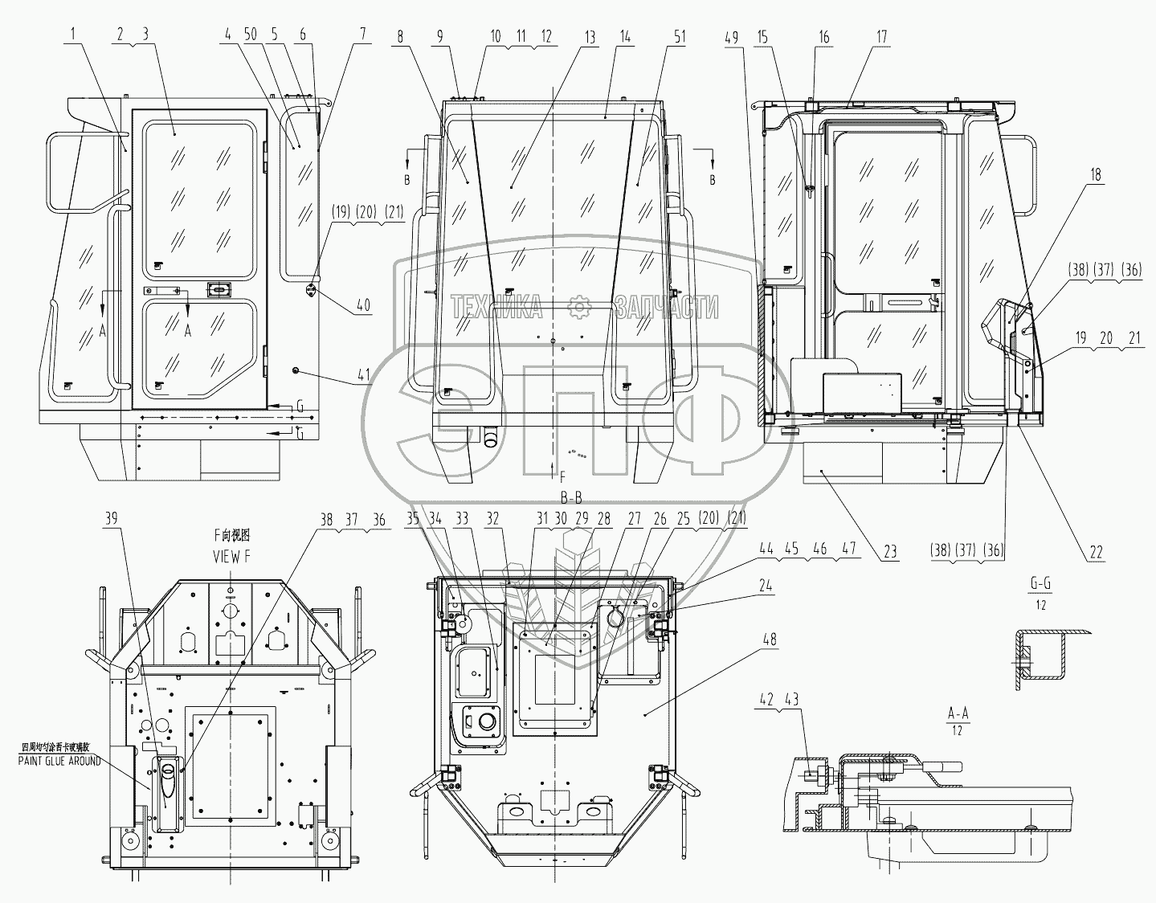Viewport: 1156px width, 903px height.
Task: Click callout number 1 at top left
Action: [75, 35]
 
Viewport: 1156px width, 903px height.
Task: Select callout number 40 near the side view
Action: [363, 306]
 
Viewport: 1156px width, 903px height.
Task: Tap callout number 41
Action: [363, 374]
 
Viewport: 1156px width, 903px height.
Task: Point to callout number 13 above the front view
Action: [590, 36]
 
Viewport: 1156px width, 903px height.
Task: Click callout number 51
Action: [680, 36]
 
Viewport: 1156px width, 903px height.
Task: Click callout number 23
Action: [891, 552]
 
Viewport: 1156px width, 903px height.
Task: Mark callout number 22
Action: [1096, 552]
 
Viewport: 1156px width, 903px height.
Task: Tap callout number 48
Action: [770, 639]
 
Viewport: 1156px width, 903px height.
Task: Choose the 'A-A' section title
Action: [956, 712]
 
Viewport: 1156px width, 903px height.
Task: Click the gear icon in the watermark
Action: [578, 306]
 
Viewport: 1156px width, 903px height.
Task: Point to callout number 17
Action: [882, 36]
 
